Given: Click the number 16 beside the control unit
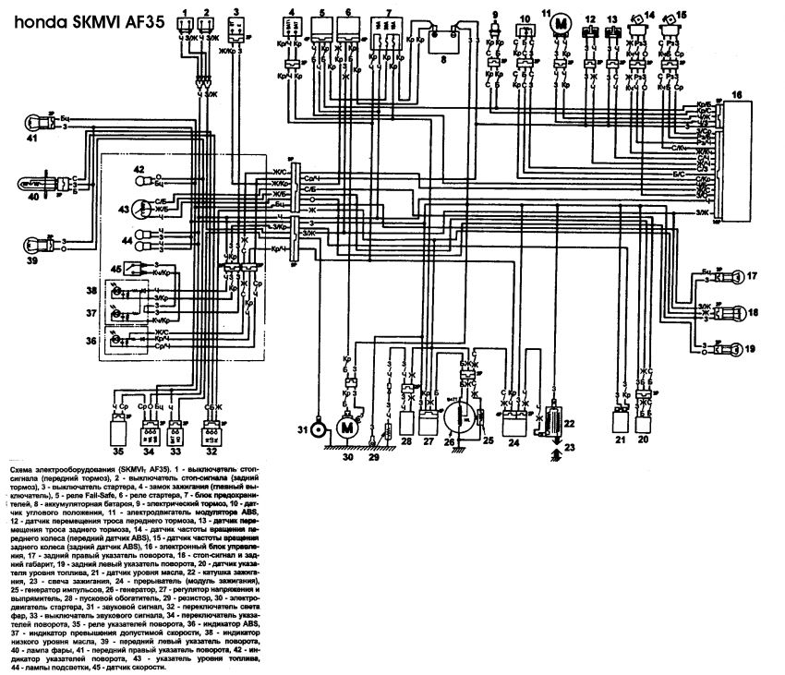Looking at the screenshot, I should click(736, 94).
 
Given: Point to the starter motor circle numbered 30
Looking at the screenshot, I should click(347, 427).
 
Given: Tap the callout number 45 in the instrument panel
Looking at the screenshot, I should click(115, 269).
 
